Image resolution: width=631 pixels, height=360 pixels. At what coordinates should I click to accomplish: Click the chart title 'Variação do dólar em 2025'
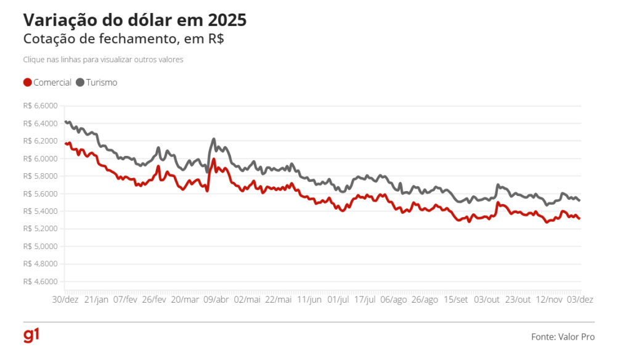(x=134, y=20)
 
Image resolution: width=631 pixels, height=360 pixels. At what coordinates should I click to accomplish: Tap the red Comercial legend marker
(x=27, y=82)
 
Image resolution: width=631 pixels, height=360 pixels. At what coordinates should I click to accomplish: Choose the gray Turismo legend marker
(x=80, y=82)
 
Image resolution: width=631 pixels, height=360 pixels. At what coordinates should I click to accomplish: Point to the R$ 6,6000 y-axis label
(x=40, y=106)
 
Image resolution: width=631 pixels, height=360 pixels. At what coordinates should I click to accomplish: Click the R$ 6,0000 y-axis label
(x=40, y=158)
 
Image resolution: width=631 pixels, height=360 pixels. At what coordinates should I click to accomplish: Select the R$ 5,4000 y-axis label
(x=40, y=211)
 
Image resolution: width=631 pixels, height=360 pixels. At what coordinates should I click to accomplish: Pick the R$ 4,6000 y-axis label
(x=40, y=282)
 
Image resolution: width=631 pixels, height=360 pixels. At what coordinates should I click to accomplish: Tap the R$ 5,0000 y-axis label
(x=40, y=247)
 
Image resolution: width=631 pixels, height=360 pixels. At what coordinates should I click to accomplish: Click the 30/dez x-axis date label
(x=65, y=300)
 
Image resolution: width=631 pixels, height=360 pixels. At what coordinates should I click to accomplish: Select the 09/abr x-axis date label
(x=217, y=300)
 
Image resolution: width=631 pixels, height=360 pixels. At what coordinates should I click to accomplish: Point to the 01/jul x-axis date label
(x=338, y=300)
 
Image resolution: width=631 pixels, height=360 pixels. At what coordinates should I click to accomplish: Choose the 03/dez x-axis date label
(x=580, y=300)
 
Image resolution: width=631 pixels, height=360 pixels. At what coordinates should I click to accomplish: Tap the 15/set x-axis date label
(x=455, y=300)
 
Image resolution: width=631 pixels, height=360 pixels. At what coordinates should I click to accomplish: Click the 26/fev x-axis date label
(x=154, y=300)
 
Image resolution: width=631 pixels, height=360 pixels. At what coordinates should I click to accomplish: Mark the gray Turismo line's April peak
(x=214, y=139)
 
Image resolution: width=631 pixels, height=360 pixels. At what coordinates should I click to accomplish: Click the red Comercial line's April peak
(x=214, y=160)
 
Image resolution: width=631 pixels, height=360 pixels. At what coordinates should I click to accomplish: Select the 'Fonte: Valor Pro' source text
(x=563, y=337)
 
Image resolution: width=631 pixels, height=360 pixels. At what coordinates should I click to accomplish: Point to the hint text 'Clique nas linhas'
(x=103, y=60)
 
